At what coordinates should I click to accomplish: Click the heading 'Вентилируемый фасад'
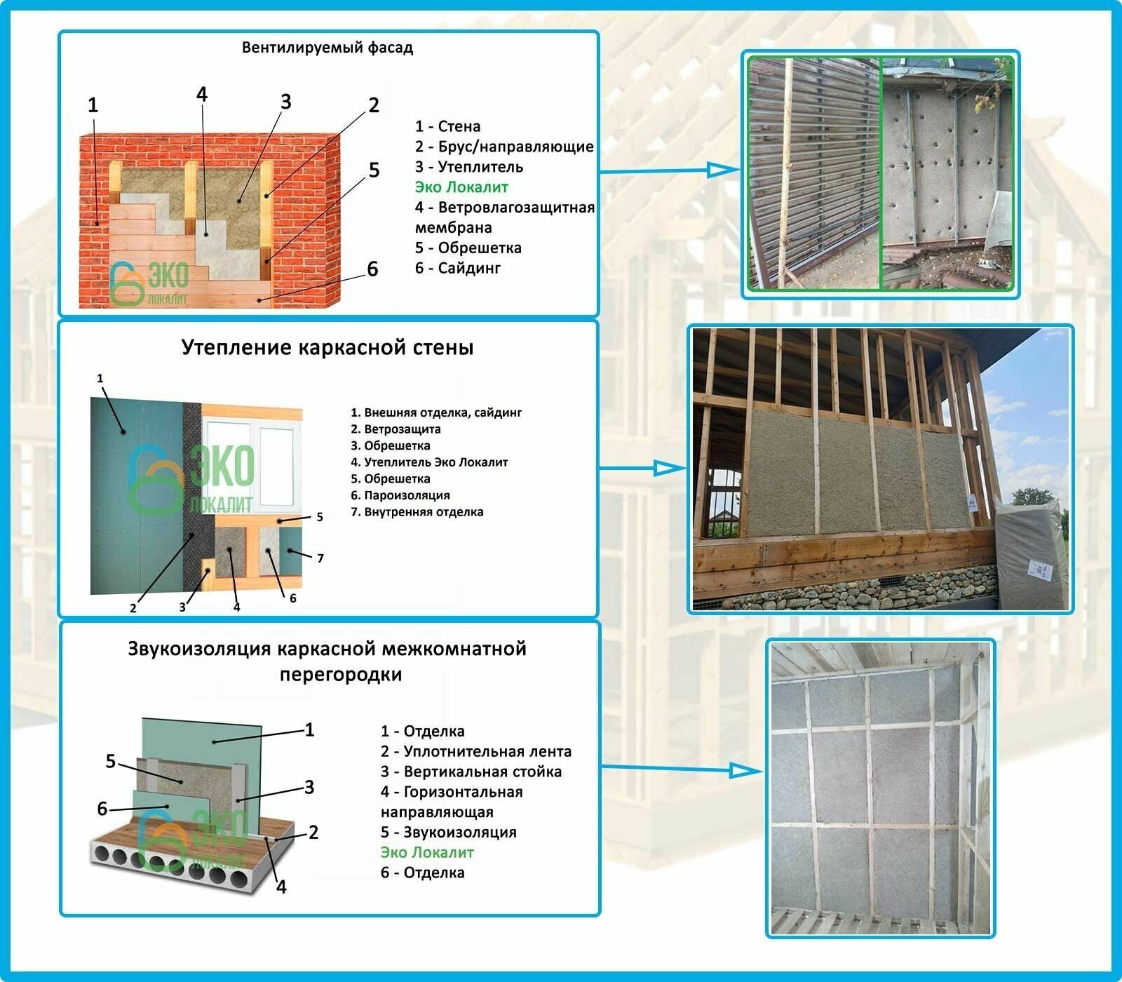tap(327, 48)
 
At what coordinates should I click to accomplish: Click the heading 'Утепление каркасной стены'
tap(327, 348)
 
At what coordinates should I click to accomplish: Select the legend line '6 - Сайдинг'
tap(457, 268)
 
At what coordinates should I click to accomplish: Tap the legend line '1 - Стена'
tap(447, 127)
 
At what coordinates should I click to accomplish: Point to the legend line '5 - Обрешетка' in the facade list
tap(468, 248)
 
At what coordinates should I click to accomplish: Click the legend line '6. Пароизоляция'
tap(400, 495)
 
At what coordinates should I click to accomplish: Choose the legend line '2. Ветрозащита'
tap(396, 429)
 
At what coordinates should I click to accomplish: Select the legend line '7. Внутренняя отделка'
tap(417, 512)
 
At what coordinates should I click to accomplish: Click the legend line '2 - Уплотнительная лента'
tap(475, 752)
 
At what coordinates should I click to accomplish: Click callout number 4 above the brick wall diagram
tap(202, 95)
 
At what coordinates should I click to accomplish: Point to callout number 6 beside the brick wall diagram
tap(372, 269)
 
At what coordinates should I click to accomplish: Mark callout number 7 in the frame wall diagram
tap(320, 558)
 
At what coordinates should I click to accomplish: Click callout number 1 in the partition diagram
tap(309, 730)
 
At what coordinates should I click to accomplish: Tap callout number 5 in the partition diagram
tap(111, 761)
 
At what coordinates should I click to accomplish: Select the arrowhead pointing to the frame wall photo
tap(669, 469)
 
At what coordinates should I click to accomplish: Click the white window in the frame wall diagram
tap(249, 463)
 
